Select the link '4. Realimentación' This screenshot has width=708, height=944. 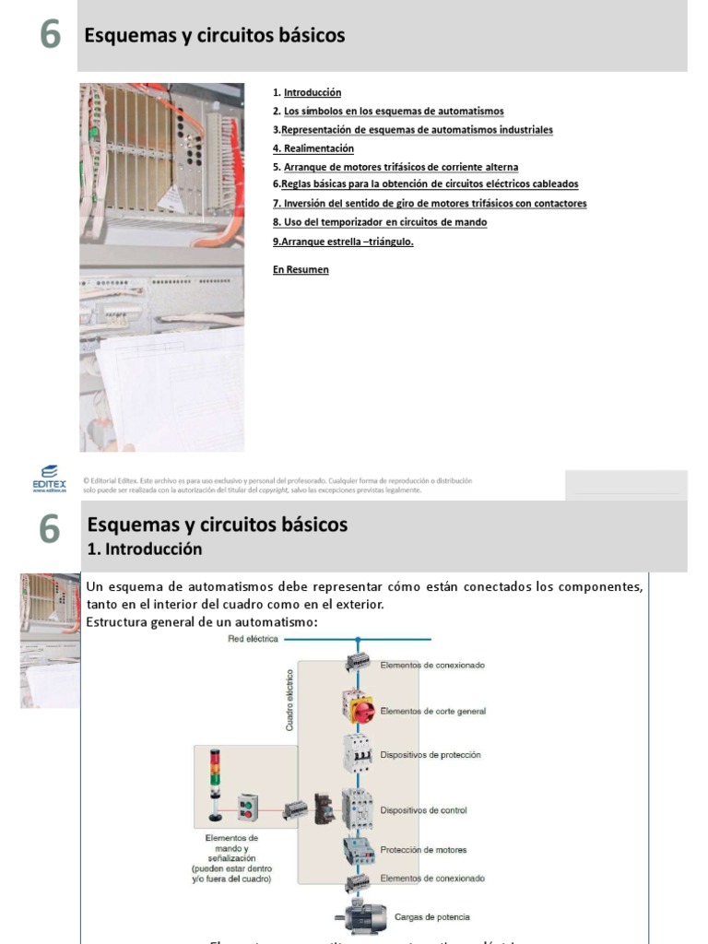click(313, 148)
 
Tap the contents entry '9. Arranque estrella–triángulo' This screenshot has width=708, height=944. click(343, 242)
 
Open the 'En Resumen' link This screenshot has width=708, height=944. click(301, 270)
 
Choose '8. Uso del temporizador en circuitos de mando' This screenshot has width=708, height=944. click(380, 222)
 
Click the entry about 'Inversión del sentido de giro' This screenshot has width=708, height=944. click(430, 204)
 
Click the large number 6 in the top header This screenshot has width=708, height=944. click(50, 35)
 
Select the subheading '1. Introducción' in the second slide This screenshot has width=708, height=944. click(144, 549)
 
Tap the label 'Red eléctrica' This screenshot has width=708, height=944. click(253, 638)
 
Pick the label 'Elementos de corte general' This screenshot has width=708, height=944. click(432, 712)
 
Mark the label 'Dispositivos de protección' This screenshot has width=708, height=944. click(430, 755)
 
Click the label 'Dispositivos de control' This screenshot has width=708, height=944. click(423, 810)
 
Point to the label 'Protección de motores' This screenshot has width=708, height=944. click(423, 850)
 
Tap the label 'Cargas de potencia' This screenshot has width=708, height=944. click(431, 917)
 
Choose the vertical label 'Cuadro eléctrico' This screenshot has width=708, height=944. click(289, 701)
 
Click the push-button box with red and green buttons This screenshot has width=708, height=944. click(246, 808)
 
